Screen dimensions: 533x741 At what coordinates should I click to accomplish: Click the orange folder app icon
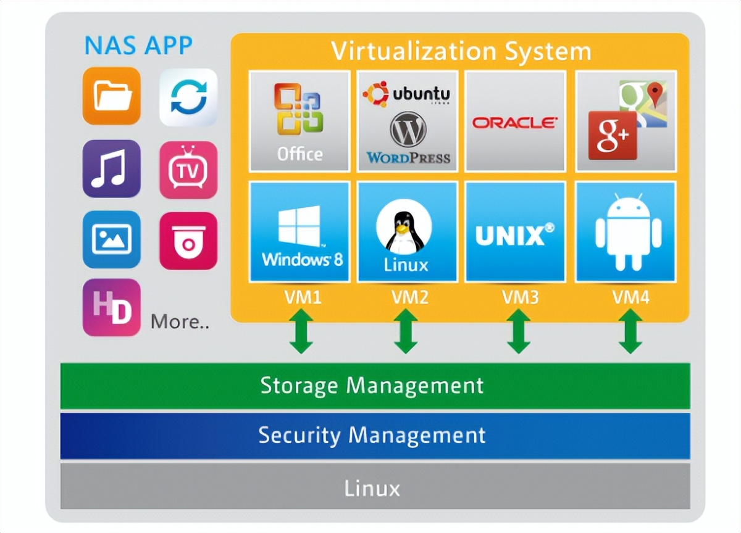[x=112, y=96]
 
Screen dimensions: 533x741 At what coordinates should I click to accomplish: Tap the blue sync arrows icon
[x=188, y=97]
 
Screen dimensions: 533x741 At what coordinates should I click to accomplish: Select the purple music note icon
[x=112, y=168]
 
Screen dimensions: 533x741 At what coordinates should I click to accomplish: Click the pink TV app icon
[x=188, y=170]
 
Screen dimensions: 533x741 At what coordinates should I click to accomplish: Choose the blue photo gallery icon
[x=112, y=239]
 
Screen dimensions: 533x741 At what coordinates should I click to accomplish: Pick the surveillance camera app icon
[x=188, y=241]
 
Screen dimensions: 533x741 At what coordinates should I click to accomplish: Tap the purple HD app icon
[x=112, y=307]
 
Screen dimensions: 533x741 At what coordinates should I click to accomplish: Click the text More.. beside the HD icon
[x=180, y=321]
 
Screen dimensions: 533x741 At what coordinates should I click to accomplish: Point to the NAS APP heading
[x=138, y=46]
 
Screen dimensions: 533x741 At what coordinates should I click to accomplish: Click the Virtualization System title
[x=461, y=51]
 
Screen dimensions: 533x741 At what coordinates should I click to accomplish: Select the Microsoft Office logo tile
[x=299, y=121]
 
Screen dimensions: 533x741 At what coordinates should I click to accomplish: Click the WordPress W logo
[x=408, y=129]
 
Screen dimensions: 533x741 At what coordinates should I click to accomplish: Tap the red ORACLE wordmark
[x=515, y=122]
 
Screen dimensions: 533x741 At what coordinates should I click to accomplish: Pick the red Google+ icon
[x=612, y=135]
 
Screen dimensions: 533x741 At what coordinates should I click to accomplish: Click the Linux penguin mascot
[x=404, y=229]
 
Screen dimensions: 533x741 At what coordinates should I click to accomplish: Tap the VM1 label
[x=303, y=298]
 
